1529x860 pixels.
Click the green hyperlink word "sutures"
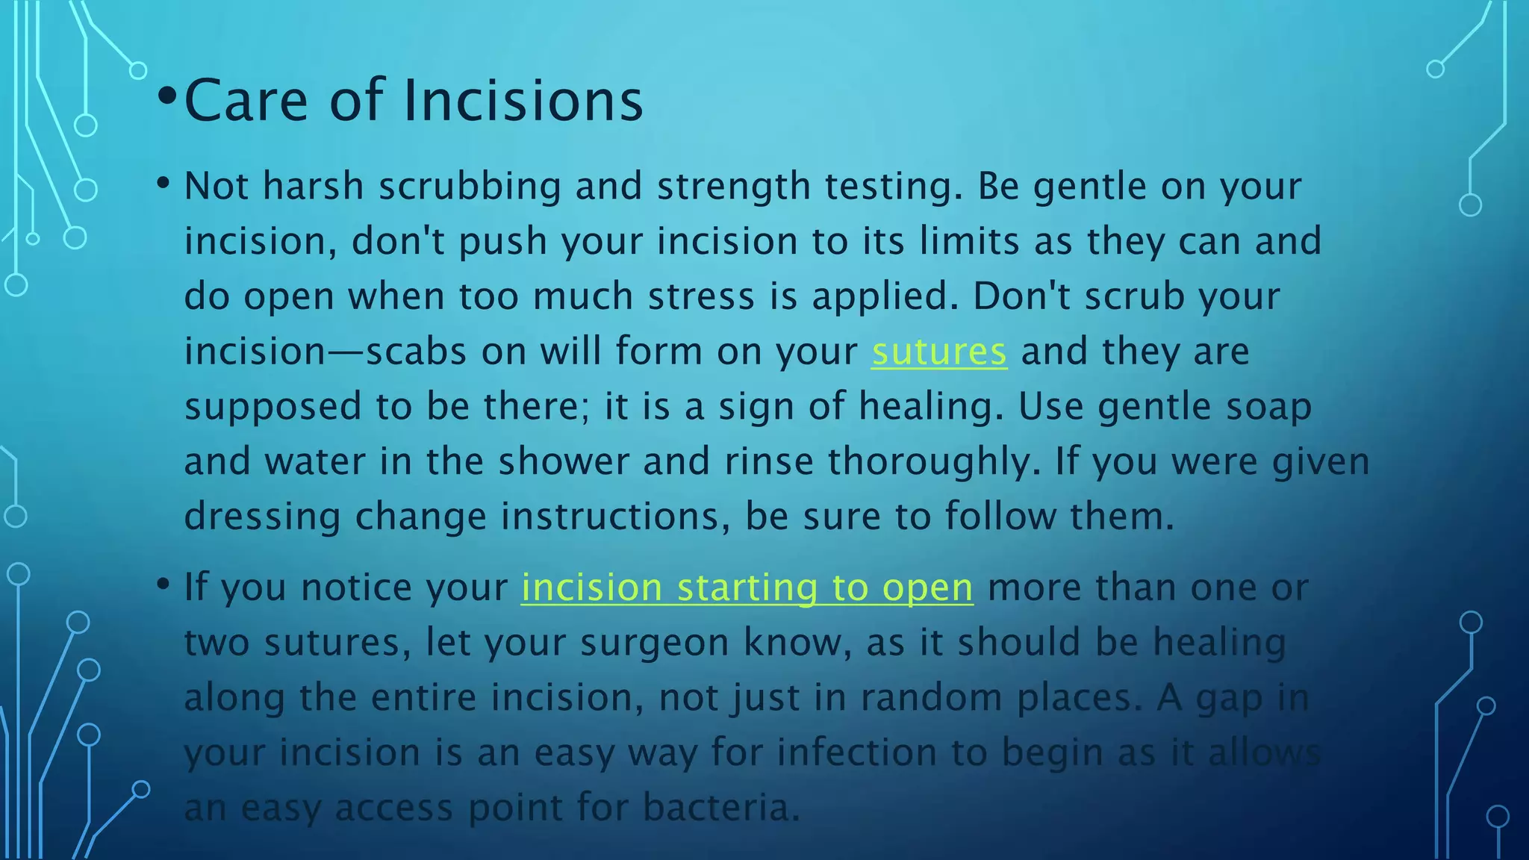(x=939, y=352)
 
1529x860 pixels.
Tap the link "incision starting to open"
(x=747, y=588)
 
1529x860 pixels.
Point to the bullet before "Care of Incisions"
(x=167, y=96)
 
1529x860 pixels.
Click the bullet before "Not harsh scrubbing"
(x=164, y=182)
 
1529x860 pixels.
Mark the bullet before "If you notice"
(x=164, y=584)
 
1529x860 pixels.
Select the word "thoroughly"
(x=933, y=462)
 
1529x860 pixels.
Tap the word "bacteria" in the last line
(x=721, y=808)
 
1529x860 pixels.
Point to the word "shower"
(x=564, y=462)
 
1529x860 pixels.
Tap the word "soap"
(x=1268, y=408)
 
